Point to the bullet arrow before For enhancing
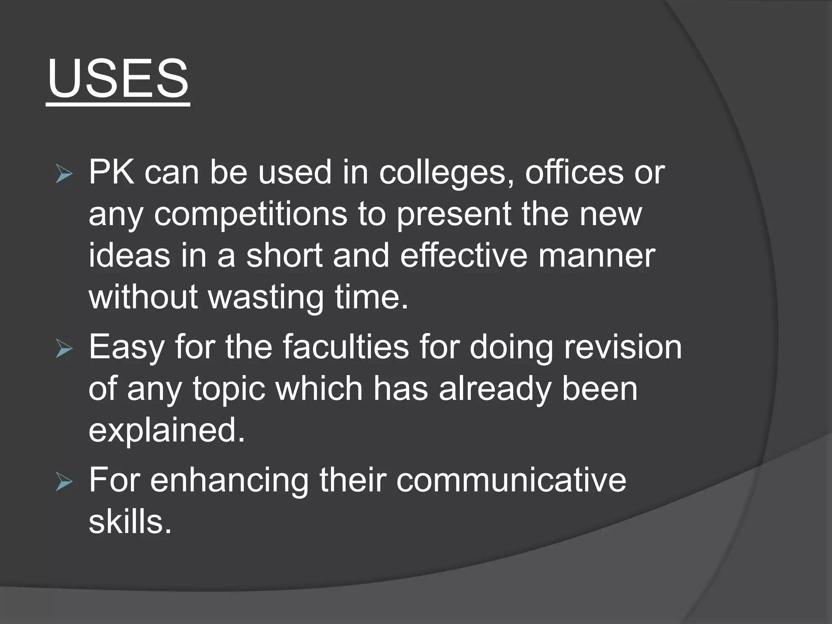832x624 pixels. coord(64,483)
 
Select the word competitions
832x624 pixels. coord(250,214)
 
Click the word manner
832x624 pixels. coord(597,256)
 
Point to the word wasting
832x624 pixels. coord(266,297)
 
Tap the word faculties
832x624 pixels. coord(346,347)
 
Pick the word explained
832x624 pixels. coord(167,431)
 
